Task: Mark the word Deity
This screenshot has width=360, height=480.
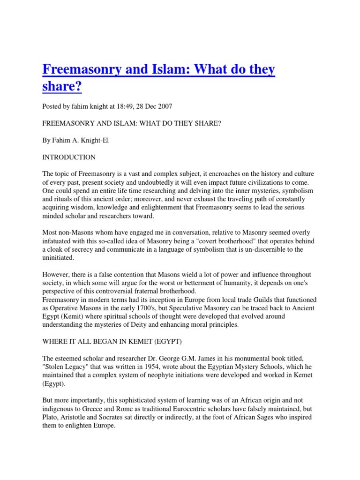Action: (x=160, y=325)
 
